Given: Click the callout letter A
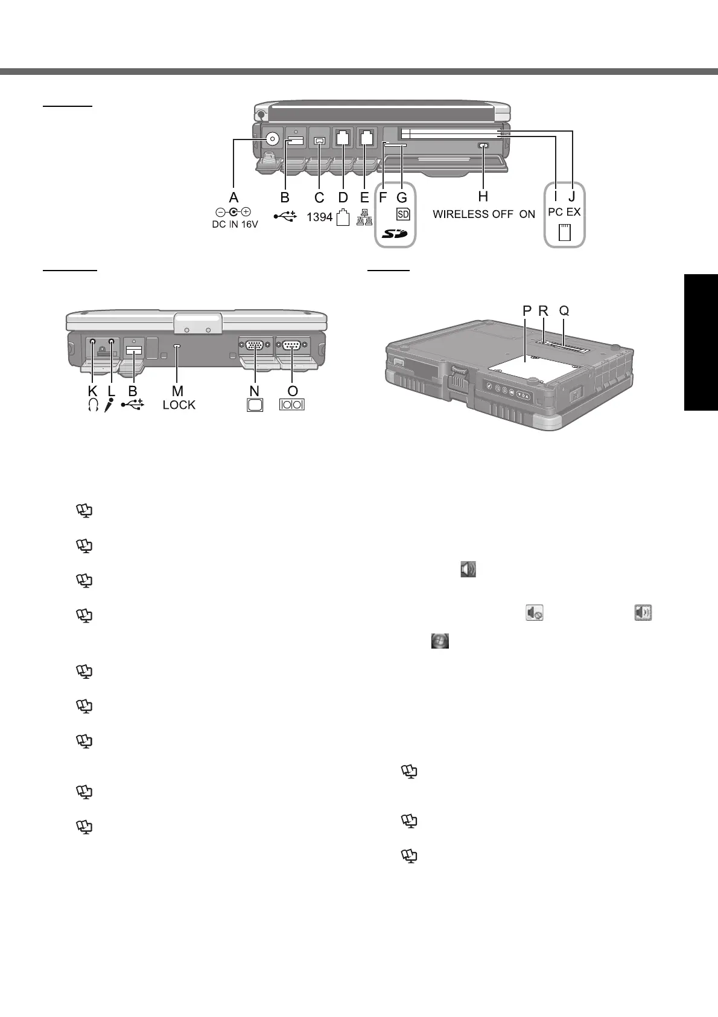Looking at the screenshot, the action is pyautogui.click(x=234, y=197).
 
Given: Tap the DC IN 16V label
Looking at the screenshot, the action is pyautogui.click(x=235, y=225).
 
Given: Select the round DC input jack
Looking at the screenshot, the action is pyautogui.click(x=272, y=140).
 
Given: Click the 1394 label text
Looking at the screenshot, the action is pyautogui.click(x=319, y=217).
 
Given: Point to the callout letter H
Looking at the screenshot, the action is pyautogui.click(x=483, y=197).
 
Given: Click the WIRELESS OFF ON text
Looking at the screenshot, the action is pyautogui.click(x=484, y=214).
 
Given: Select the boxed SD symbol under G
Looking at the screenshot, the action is pyautogui.click(x=403, y=214).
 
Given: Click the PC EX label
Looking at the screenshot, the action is pyautogui.click(x=564, y=212).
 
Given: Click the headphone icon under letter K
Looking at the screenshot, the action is pyautogui.click(x=92, y=405).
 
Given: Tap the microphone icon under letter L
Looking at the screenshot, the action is pyautogui.click(x=109, y=405).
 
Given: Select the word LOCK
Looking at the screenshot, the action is pyautogui.click(x=179, y=405).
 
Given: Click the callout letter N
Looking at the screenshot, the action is pyautogui.click(x=255, y=391).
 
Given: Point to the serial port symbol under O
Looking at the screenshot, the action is pyautogui.click(x=292, y=405).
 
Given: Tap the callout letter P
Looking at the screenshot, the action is pyautogui.click(x=527, y=311).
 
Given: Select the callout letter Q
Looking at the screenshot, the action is pyautogui.click(x=564, y=311).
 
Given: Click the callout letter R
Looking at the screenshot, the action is pyautogui.click(x=544, y=311).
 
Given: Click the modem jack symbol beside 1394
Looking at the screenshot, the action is pyautogui.click(x=343, y=217).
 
